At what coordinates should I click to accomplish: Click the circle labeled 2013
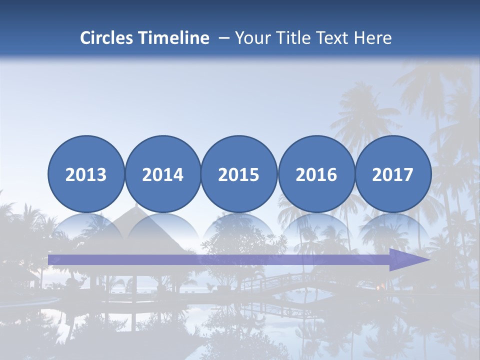86,174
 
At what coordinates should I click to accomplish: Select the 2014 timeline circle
163,174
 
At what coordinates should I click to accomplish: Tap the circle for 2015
239,174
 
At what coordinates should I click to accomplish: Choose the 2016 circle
316,174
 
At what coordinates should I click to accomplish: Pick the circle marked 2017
393,174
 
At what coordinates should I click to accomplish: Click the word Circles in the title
107,38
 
